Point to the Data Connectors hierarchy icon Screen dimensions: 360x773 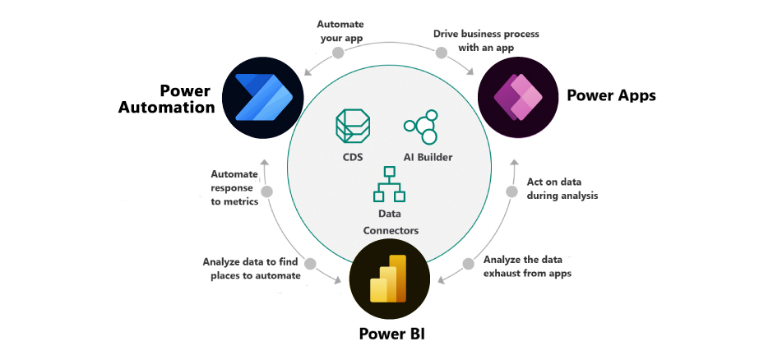coord(388,185)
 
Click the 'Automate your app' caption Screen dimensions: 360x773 coord(340,31)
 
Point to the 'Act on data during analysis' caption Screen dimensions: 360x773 coord(562,189)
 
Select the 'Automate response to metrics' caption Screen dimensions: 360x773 coord(234,188)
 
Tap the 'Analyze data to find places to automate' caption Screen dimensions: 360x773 coord(252,269)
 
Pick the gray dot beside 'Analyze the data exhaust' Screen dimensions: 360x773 coord(468,264)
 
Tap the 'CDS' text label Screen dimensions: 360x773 coord(352,157)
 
